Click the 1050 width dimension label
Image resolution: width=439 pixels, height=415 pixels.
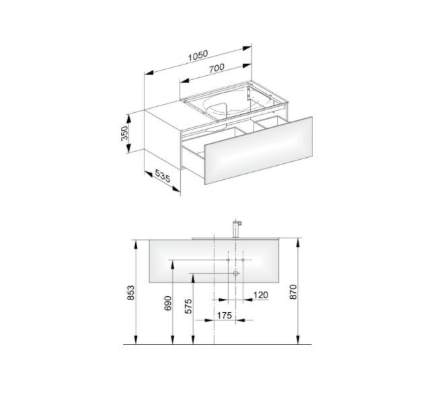tap(198, 56)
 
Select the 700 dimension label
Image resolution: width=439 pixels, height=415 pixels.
tap(216, 68)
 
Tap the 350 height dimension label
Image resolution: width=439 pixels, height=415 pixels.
tap(124, 133)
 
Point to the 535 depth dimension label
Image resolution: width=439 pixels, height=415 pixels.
tap(163, 176)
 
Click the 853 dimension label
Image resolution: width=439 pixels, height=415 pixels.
tap(130, 293)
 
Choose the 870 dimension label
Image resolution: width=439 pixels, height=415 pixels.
tap(293, 292)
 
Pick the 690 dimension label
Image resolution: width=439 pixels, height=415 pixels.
tap(167, 304)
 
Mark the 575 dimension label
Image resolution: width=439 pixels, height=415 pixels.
tap(188, 306)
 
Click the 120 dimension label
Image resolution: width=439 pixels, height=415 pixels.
tap(260, 295)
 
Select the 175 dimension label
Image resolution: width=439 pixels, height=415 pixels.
tap(225, 316)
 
